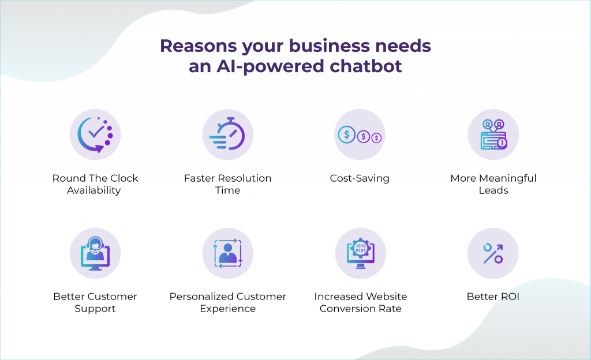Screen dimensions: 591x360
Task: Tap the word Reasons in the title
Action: (x=199, y=46)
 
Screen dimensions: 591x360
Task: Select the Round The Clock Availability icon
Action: (x=95, y=135)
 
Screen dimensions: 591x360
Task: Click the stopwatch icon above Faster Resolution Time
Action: (x=227, y=134)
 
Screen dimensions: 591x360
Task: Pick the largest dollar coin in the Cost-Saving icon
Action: (x=346, y=134)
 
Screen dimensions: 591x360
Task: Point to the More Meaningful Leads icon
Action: (x=493, y=134)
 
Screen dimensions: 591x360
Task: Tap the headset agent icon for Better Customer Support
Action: (x=95, y=253)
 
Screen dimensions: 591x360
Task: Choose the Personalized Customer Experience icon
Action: (x=227, y=253)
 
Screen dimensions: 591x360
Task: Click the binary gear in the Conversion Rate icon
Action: (x=360, y=248)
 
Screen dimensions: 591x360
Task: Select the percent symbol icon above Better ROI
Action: (x=493, y=253)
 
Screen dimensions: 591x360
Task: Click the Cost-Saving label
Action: (x=360, y=178)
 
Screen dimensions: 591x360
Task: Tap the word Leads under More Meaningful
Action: (x=493, y=190)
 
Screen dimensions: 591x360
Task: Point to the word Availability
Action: (x=94, y=190)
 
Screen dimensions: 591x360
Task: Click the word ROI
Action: (x=510, y=297)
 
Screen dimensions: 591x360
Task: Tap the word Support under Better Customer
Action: (x=95, y=309)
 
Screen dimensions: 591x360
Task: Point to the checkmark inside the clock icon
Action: (x=96, y=131)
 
